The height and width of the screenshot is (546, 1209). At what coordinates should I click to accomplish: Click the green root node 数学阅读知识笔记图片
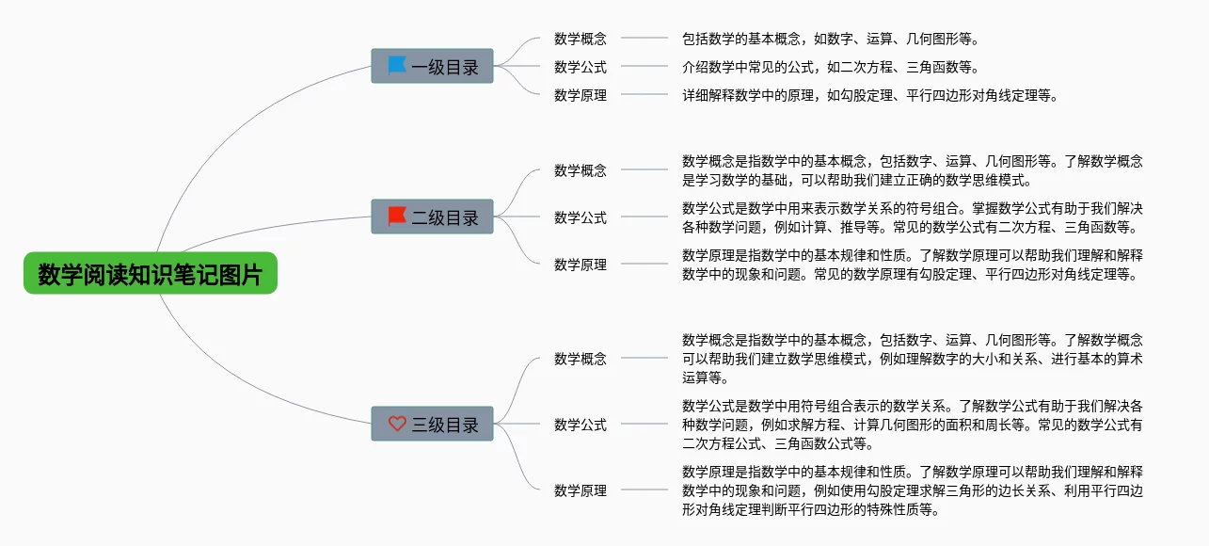point(151,274)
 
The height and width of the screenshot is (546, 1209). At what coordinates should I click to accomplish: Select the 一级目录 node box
point(432,67)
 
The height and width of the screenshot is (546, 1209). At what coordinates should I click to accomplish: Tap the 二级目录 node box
point(432,217)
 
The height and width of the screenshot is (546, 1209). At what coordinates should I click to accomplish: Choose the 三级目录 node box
point(432,425)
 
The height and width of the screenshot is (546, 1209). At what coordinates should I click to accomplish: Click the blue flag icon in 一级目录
point(397,66)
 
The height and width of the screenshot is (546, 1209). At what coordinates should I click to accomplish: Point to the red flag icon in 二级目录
point(397,217)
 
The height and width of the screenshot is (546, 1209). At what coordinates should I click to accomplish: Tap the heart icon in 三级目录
point(397,425)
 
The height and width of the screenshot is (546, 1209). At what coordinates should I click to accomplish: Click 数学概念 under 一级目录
point(581,39)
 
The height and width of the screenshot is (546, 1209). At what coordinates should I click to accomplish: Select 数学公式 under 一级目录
point(581,67)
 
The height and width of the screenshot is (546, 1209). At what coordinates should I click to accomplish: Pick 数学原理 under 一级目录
point(581,95)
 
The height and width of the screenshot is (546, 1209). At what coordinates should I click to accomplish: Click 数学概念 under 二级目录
point(581,170)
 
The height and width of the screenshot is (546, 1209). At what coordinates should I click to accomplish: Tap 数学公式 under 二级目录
point(581,217)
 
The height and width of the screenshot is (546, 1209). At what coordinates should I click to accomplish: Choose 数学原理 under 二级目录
point(581,265)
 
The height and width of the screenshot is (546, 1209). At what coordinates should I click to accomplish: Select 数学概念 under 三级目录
point(581,359)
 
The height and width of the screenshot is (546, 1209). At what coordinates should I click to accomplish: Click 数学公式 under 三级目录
point(581,425)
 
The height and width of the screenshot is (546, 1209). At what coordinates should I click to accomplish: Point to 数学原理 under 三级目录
point(581,490)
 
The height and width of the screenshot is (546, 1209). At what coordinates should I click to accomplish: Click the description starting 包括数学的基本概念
point(830,39)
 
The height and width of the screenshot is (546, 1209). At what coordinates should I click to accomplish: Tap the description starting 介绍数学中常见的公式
point(830,67)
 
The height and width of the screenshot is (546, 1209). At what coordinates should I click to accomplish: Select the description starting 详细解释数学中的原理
point(869,95)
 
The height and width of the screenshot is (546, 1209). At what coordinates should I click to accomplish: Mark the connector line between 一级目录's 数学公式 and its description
point(644,67)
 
